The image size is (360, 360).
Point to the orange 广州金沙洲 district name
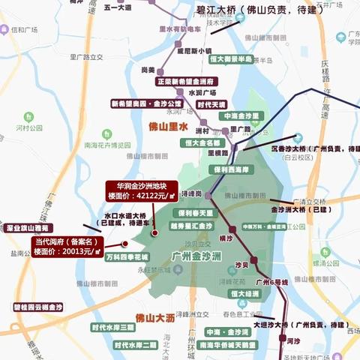[x=196, y=257]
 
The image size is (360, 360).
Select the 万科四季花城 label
[x=127, y=256]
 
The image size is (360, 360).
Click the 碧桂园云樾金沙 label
[x=38, y=307]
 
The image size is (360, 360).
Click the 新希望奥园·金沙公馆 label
[x=147, y=103]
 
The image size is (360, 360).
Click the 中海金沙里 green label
[x=241, y=116]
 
